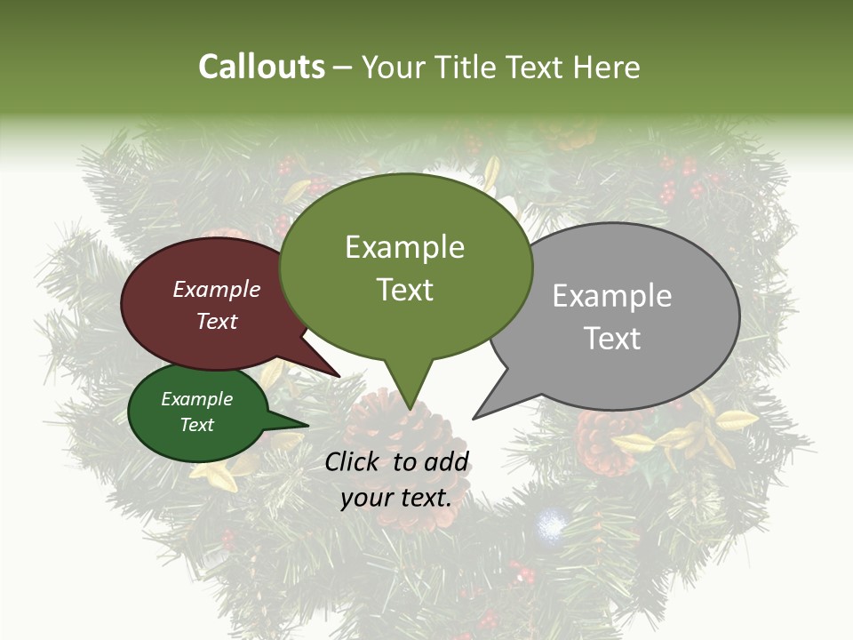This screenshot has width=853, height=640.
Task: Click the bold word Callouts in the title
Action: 261,68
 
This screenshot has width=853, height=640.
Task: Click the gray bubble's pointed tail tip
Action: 474,418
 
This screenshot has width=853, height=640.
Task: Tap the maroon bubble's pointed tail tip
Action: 339,376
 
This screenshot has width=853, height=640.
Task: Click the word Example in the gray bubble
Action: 612,296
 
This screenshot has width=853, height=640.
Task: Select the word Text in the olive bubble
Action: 405,290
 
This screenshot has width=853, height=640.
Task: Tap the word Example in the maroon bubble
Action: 217,290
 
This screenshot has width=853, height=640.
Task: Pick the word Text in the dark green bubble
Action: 197,425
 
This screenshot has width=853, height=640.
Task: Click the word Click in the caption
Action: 353,461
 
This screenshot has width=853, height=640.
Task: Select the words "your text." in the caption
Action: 396,498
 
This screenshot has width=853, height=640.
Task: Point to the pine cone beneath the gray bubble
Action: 604,440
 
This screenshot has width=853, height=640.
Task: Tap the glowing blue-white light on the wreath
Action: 551,526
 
